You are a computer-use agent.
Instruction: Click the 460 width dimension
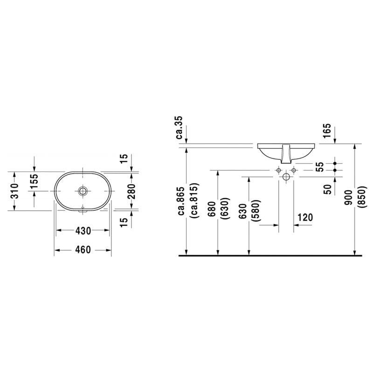pyautogui.click(x=83, y=250)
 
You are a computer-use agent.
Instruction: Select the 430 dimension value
pyautogui.click(x=83, y=230)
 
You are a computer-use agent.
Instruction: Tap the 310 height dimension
pyautogui.click(x=15, y=191)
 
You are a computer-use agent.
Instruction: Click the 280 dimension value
pyautogui.click(x=132, y=191)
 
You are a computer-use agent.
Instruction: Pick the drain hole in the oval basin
pyautogui.click(x=83, y=191)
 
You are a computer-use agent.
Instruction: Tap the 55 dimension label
pyautogui.click(x=318, y=166)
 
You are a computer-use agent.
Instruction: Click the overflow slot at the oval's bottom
pyautogui.click(x=83, y=210)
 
